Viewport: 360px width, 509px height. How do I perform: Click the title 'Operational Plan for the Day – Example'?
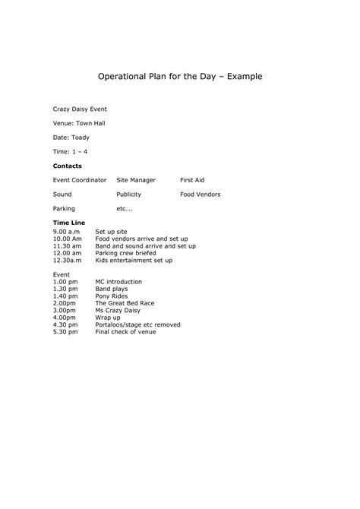coord(180,77)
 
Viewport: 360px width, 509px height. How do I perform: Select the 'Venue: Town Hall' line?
coord(78,124)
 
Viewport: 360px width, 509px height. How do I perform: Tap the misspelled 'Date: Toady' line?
coord(71,138)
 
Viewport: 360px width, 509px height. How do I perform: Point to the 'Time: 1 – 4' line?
coord(70,151)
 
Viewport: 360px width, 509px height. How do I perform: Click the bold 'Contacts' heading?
coord(67,166)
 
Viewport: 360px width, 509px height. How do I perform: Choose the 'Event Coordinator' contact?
coord(79,180)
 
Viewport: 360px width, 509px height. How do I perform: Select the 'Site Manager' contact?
coord(136,180)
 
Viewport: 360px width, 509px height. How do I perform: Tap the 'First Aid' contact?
coord(192,180)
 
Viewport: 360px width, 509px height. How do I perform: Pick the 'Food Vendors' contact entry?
coord(201,194)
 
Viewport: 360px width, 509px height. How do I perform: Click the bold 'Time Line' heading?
coord(68,223)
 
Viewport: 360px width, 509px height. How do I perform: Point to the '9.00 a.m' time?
coord(66,231)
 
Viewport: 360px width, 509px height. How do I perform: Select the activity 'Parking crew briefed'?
coord(125,253)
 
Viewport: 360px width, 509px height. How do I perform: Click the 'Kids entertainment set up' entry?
coord(134,261)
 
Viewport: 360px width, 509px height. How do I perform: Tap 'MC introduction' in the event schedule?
coord(118,282)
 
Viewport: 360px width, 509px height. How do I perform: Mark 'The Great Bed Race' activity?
coord(125,303)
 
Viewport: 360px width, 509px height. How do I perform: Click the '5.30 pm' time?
coord(65,332)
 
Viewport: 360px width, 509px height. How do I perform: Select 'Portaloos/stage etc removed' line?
coord(137,324)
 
